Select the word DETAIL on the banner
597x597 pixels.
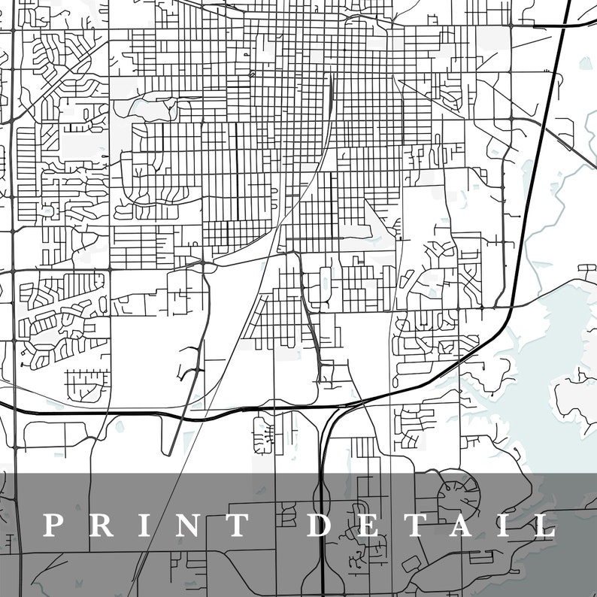[x=432, y=525]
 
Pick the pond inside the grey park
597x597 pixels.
[x=150, y=109]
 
